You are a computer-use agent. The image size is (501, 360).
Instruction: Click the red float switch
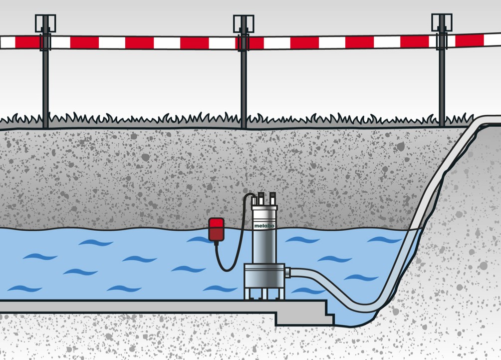tap(216, 229)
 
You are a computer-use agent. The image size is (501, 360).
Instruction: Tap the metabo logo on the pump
tap(264, 226)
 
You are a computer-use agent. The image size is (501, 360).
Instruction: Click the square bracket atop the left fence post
tap(45, 23)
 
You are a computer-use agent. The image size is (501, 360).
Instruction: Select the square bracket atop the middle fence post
tap(244, 23)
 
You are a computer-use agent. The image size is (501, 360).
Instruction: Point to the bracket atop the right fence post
tap(442, 22)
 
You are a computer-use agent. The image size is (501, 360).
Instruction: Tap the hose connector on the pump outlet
tap(287, 273)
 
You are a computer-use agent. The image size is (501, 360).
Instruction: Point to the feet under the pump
tap(264, 294)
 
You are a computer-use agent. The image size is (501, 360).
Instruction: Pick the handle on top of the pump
tap(265, 199)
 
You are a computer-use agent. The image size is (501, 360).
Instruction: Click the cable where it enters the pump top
tap(254, 197)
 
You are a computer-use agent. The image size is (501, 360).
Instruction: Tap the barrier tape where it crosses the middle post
tap(244, 43)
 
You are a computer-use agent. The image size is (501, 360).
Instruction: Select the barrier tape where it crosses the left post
tap(45, 42)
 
